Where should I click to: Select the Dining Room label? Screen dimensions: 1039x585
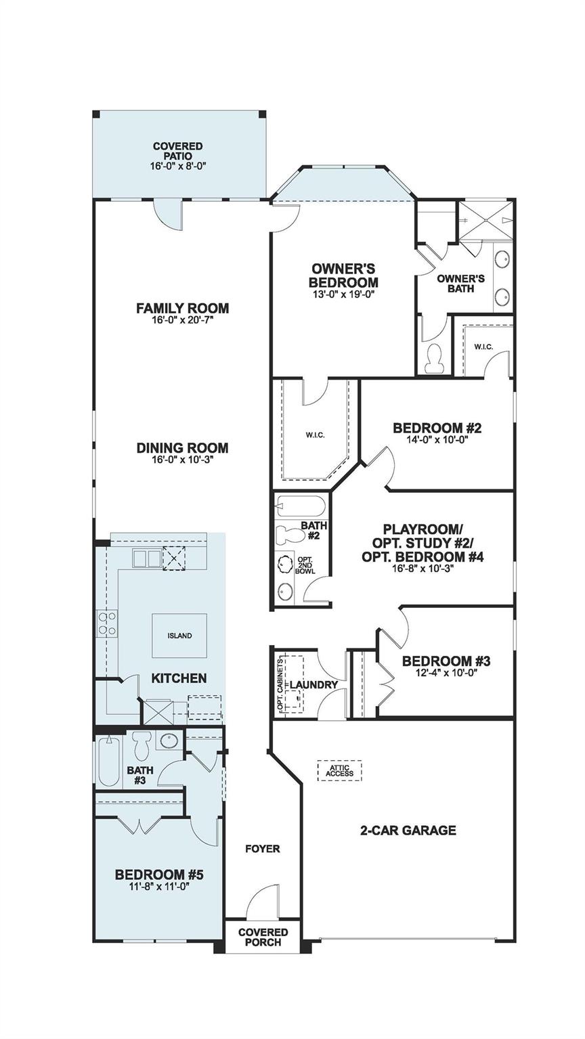182,447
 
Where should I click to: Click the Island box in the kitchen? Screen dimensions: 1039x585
179,636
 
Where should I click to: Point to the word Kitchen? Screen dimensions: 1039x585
179,678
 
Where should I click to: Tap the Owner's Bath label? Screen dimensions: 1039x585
460,283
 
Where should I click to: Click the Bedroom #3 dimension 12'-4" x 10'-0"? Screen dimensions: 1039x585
446,673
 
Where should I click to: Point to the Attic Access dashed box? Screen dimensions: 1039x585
340,770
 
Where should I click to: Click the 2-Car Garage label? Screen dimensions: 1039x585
408,830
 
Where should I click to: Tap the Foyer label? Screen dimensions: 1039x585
262,848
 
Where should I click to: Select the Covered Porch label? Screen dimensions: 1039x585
263,937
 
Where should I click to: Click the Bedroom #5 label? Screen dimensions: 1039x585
159,874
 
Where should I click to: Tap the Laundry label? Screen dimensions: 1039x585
313,684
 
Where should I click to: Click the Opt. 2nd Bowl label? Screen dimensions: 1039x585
304,565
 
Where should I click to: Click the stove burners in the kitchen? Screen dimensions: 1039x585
107,623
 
